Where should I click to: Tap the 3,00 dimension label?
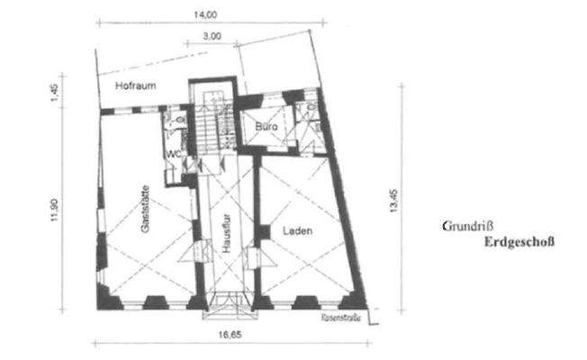(x=212, y=36)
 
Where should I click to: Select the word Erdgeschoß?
(x=519, y=242)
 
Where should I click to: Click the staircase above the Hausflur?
(x=212, y=126)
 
